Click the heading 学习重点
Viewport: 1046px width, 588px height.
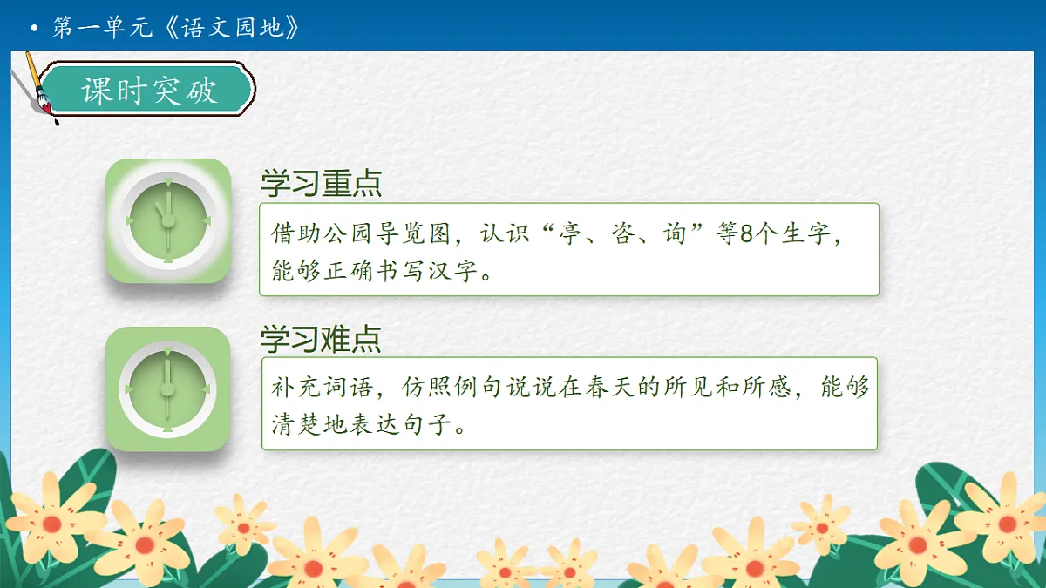pyautogui.click(x=321, y=184)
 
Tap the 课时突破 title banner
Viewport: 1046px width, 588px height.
pyautogui.click(x=149, y=91)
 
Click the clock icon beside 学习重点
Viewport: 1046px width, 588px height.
pyautogui.click(x=168, y=220)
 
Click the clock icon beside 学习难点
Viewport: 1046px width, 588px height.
pyautogui.click(x=168, y=389)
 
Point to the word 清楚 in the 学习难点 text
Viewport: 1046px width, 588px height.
pyautogui.click(x=294, y=427)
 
